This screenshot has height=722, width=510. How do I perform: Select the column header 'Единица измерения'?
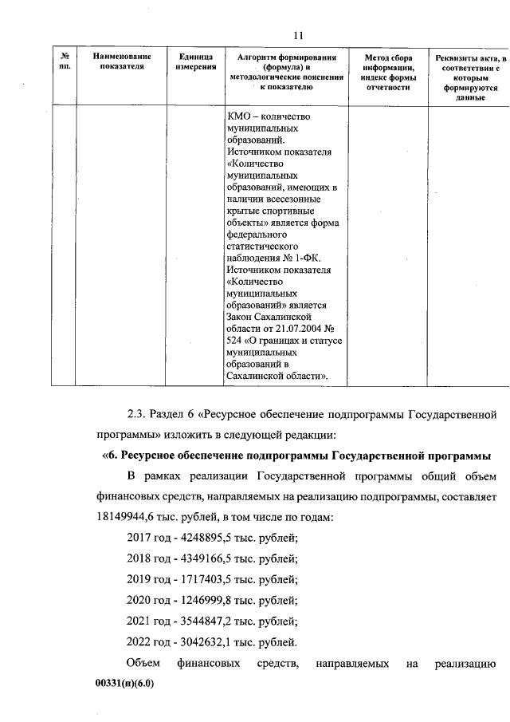(194, 63)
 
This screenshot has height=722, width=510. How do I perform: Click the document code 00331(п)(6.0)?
(123, 684)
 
